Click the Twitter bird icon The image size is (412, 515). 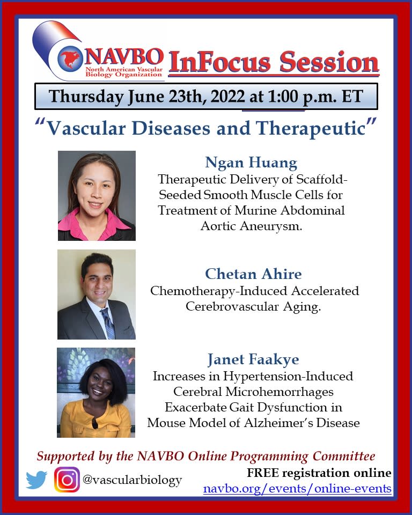(x=36, y=480)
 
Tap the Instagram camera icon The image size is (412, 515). (x=67, y=480)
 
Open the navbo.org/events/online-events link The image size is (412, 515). (x=297, y=488)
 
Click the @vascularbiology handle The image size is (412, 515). (x=132, y=480)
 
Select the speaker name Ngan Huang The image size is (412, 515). (x=252, y=163)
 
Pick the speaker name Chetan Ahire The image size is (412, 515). (x=253, y=274)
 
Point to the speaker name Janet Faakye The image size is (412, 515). (x=253, y=359)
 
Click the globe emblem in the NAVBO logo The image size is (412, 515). (x=70, y=59)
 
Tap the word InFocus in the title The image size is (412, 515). (x=219, y=62)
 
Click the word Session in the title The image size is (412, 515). (x=329, y=62)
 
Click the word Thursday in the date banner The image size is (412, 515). (x=86, y=97)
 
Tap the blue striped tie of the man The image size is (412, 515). (x=108, y=323)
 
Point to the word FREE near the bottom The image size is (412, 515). (x=263, y=473)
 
